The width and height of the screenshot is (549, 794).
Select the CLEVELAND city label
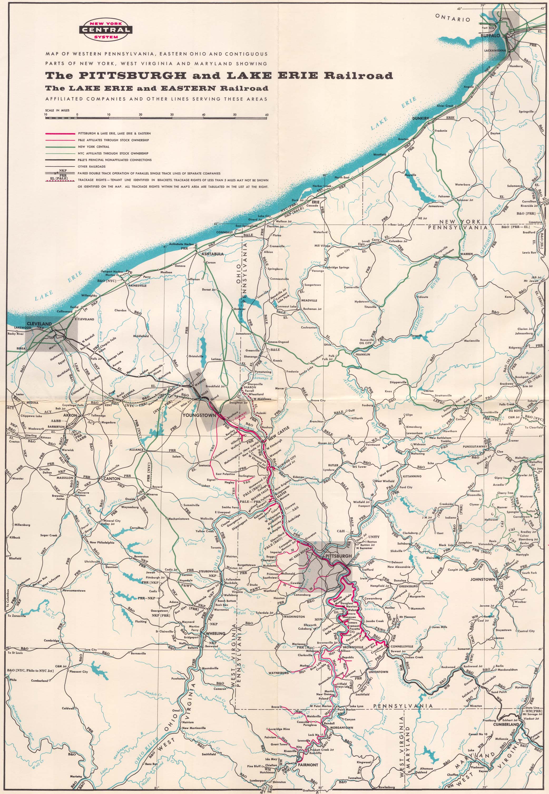[39, 324]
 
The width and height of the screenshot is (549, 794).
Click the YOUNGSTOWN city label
[199, 415]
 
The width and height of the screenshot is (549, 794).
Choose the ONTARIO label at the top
[452, 18]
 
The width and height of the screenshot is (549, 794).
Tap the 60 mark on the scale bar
[267, 115]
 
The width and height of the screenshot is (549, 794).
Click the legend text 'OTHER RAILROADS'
[91, 166]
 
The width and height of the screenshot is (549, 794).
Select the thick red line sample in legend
[60, 133]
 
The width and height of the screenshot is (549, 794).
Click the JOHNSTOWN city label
[483, 579]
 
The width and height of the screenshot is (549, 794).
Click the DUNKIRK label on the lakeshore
[421, 118]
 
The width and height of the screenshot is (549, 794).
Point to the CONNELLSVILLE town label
[402, 646]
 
